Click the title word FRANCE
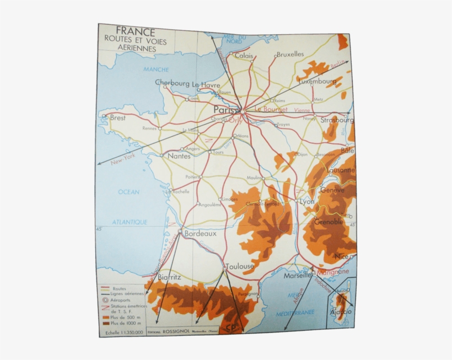[x=136, y=32]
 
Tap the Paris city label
[x=226, y=109]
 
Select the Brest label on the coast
[x=117, y=117]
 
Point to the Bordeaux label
[x=200, y=233]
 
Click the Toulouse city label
[x=239, y=266]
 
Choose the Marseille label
[x=298, y=276]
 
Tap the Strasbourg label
[x=337, y=120]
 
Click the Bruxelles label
[x=290, y=54]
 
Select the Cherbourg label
[x=172, y=83]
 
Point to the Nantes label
[x=179, y=156]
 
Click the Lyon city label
[x=307, y=202]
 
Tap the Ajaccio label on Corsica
[x=341, y=312]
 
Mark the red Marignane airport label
[x=333, y=272]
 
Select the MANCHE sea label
[x=156, y=69]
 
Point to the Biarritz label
[x=169, y=277]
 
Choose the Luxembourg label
[x=317, y=81]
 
